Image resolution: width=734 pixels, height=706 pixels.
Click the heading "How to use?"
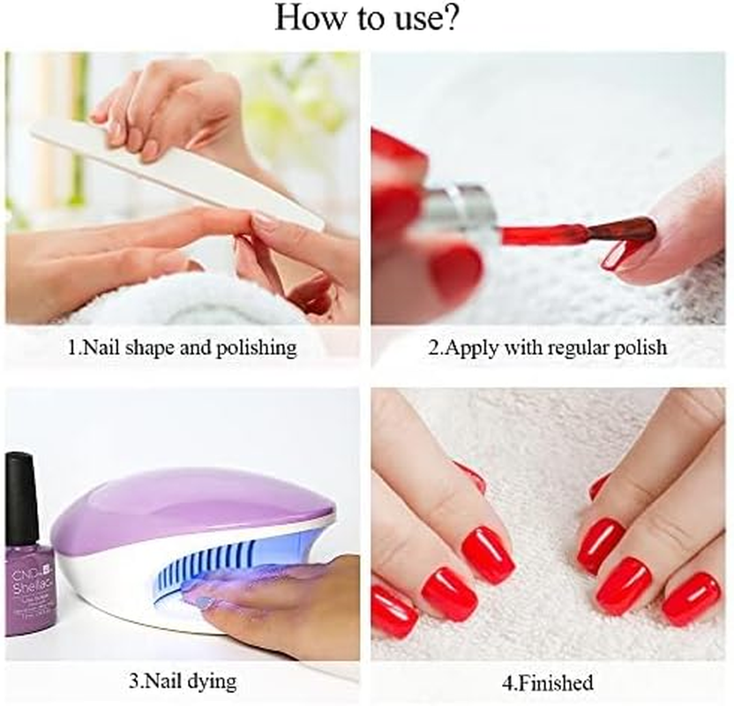(x=366, y=19)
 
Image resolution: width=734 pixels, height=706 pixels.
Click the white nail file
(x=176, y=172)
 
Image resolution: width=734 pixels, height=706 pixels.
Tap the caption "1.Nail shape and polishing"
(x=183, y=348)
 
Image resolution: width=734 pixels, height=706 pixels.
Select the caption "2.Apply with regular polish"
(x=548, y=348)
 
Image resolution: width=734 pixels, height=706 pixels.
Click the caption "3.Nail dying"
(x=183, y=682)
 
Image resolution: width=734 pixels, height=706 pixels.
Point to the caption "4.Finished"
(x=548, y=682)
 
